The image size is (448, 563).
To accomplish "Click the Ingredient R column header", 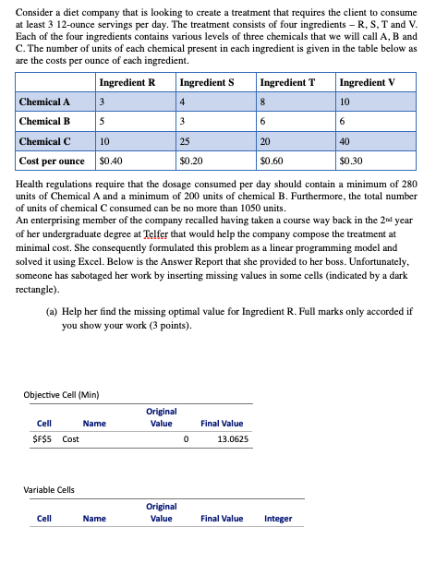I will pos(126,82).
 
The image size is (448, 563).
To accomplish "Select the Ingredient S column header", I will pos(208,82).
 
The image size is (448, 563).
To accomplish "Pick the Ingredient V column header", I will pos(368,82).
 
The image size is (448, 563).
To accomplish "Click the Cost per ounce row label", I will pos(52,161).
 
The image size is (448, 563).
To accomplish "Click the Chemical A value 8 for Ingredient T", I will pos(263,102).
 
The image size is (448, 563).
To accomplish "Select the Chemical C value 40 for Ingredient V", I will pos(345,141).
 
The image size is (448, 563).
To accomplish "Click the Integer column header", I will pos(277,518).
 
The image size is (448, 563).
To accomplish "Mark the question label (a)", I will pos(53,312).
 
